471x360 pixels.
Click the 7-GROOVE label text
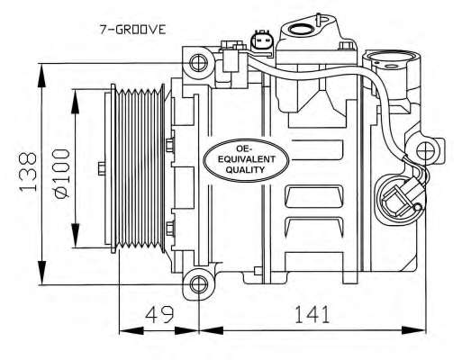[132, 30]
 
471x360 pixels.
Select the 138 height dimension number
[28, 172]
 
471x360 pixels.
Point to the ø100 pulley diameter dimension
[62, 173]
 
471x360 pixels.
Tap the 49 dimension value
[159, 314]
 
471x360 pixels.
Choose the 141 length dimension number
[312, 314]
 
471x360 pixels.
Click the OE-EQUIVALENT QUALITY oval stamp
[247, 159]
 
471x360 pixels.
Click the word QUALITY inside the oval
[245, 170]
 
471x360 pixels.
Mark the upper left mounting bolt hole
[198, 63]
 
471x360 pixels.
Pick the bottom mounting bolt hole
[198, 283]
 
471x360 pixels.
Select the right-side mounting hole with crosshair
[426, 150]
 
